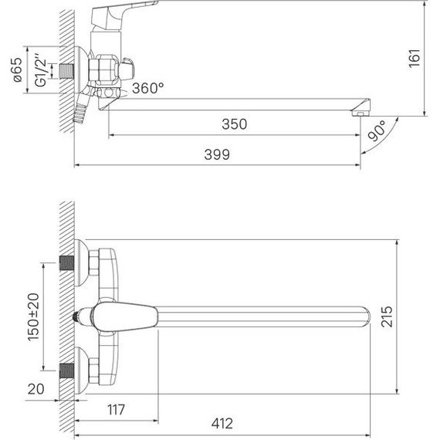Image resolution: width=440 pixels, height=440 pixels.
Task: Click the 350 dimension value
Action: (x=235, y=124)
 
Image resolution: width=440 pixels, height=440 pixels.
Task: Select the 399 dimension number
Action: (x=217, y=154)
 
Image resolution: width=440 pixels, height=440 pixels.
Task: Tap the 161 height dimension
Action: (x=415, y=59)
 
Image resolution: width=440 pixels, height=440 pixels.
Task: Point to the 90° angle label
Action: (x=377, y=131)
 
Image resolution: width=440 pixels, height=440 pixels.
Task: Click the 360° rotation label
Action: (x=148, y=88)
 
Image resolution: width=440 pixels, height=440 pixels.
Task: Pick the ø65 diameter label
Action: (x=17, y=70)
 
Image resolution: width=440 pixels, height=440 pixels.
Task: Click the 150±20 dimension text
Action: (x=33, y=316)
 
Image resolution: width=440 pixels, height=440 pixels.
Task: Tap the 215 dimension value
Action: (x=387, y=316)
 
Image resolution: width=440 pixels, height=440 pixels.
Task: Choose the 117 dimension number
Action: (x=116, y=410)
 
